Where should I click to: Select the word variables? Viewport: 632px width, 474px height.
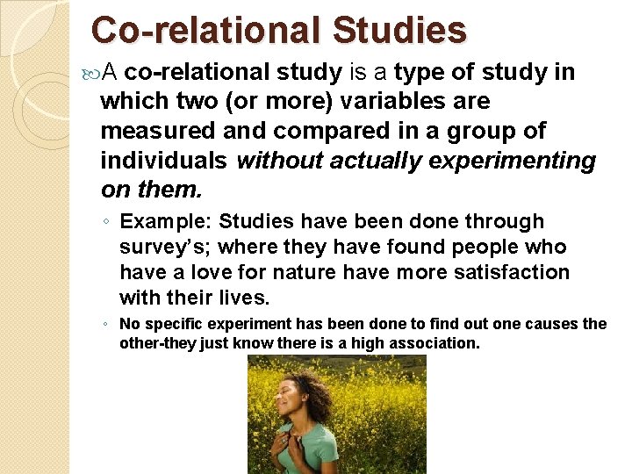pyautogui.click(x=433, y=101)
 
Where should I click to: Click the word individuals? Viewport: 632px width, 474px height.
pyautogui.click(x=164, y=161)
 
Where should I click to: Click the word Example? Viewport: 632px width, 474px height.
pyautogui.click(x=166, y=221)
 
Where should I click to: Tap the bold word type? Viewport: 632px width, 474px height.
pyautogui.click(x=424, y=71)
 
